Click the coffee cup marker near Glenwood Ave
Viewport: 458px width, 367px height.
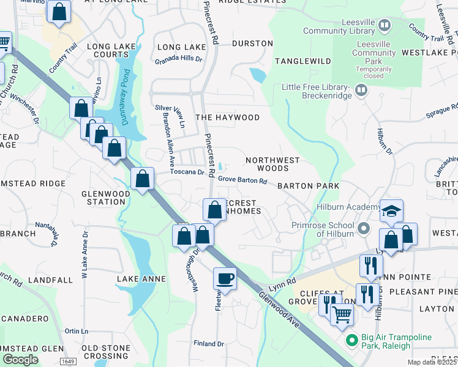(x=225, y=278)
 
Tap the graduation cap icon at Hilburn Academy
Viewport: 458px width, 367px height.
(x=392, y=210)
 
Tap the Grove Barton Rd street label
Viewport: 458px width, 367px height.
(x=243, y=180)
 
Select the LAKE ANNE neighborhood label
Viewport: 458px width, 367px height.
(x=141, y=279)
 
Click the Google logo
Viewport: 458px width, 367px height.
(x=20, y=360)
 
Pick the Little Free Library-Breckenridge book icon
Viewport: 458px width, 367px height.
(x=362, y=91)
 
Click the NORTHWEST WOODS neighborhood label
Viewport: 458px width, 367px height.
(x=272, y=164)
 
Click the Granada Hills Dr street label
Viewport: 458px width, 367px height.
(x=178, y=59)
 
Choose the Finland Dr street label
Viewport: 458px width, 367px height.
(x=210, y=343)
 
